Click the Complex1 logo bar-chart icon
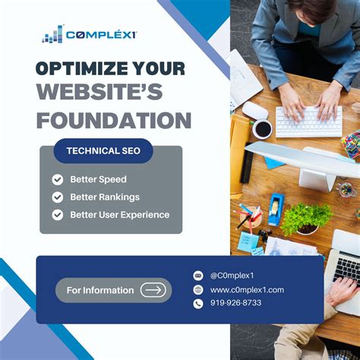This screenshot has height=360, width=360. tap(52, 34)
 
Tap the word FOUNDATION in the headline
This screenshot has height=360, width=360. tap(113, 120)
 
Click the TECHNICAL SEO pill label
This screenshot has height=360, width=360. tap(103, 150)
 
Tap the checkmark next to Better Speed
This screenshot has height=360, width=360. tap(58, 180)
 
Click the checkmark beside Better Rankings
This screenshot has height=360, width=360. tap(58, 197)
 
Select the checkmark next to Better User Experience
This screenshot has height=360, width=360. tap(58, 215)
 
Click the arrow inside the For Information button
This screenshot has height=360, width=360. tap(153, 289)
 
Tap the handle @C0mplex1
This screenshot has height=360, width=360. tap(232, 276)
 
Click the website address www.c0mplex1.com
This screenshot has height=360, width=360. tap(247, 289)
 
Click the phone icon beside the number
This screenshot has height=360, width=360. tap(199, 303)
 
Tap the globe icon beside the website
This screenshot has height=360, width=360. tap(199, 289)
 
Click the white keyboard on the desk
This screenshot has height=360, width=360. tap(308, 121)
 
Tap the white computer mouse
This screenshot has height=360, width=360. tap(255, 110)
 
